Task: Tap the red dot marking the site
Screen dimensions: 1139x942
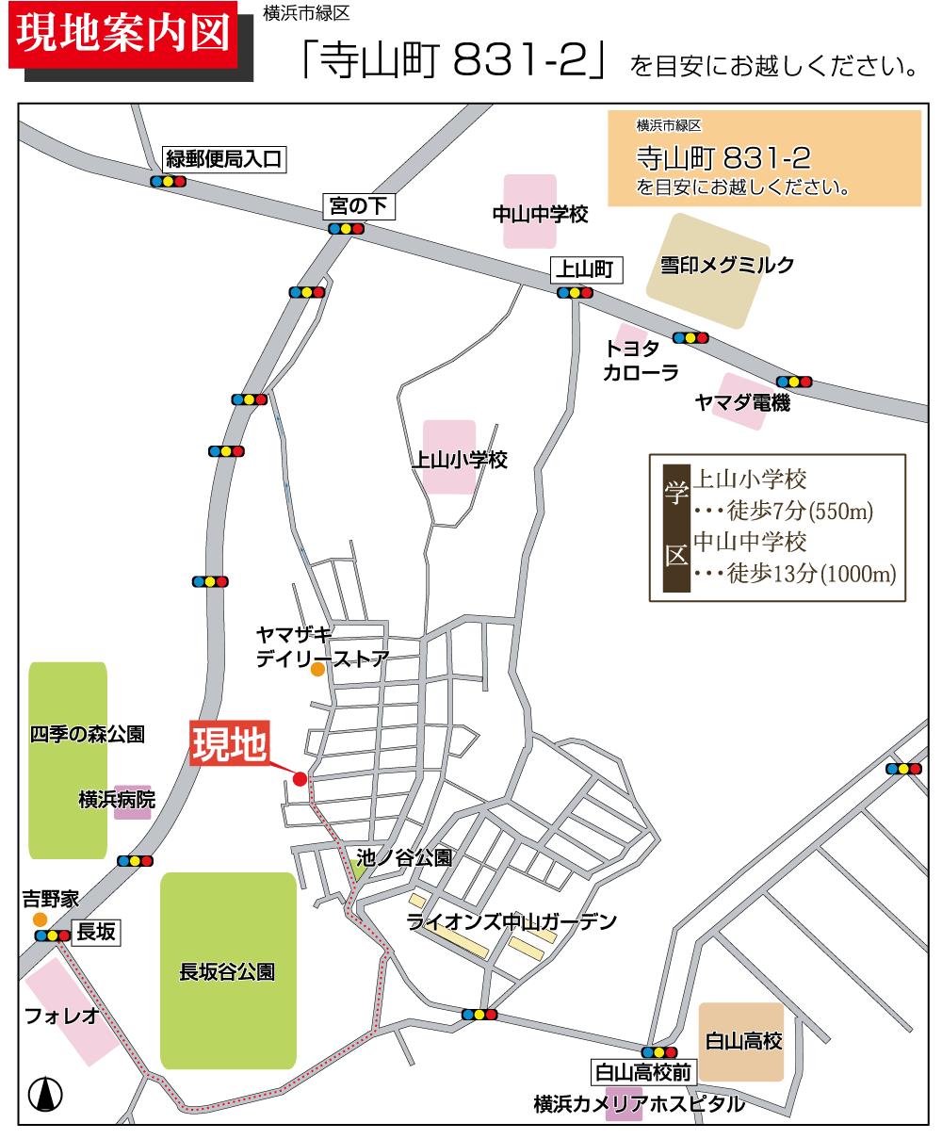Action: [x=300, y=778]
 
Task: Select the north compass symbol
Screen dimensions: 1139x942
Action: [x=45, y=1094]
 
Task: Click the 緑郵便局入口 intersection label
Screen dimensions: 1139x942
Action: [x=223, y=159]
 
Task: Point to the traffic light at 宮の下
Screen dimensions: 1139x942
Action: [x=346, y=228]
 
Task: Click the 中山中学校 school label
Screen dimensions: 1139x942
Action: [x=540, y=215]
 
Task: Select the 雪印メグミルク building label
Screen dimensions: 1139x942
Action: [x=726, y=265]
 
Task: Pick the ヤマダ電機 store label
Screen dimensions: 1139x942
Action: [x=742, y=403]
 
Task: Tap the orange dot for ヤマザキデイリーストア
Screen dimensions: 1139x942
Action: [x=317, y=669]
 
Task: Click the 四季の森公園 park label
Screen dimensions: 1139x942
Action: [x=88, y=734]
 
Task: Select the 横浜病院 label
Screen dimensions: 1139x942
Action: [x=117, y=800]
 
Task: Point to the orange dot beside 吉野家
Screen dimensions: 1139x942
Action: [x=40, y=919]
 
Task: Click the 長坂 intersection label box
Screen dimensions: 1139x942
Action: [x=96, y=933]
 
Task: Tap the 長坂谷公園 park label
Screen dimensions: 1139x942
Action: [x=227, y=971]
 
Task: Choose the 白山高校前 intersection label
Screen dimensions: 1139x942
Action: [x=643, y=1071]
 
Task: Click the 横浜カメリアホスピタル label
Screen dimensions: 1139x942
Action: [x=638, y=1103]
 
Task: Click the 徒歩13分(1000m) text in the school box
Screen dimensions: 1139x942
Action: [x=811, y=574]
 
